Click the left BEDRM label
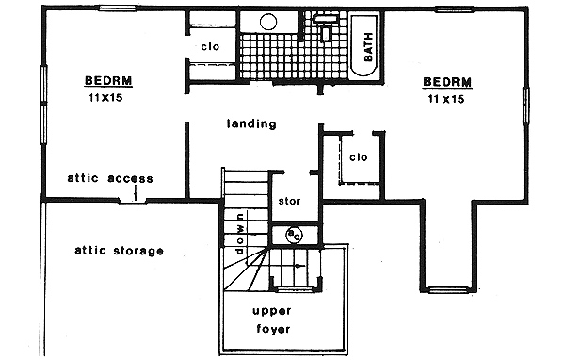(x=108, y=80)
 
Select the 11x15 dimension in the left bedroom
(x=108, y=97)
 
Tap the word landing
(x=251, y=123)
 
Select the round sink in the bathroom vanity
(x=253, y=23)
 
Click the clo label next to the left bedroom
(x=209, y=47)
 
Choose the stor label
(x=289, y=201)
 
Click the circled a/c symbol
(x=293, y=233)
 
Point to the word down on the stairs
(x=241, y=229)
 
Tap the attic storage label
(x=120, y=251)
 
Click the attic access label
(x=110, y=178)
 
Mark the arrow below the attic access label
(x=137, y=195)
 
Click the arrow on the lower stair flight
(x=299, y=266)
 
